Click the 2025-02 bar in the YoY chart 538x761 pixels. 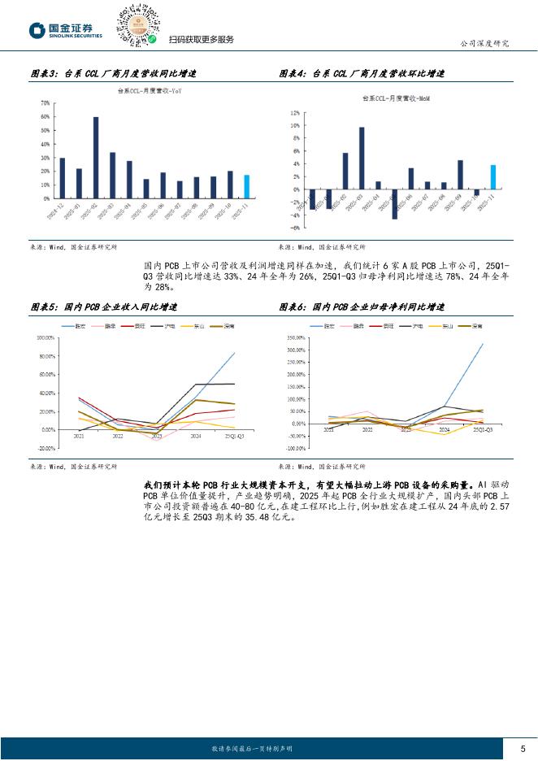coord(96,157)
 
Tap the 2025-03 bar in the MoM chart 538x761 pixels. coord(362,158)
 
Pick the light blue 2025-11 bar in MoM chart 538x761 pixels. coord(492,176)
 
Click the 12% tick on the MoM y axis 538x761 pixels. coord(295,114)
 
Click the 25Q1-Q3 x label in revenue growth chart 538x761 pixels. coord(236,437)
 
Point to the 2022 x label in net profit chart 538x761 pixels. coord(367,430)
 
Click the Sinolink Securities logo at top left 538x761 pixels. coord(65,31)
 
